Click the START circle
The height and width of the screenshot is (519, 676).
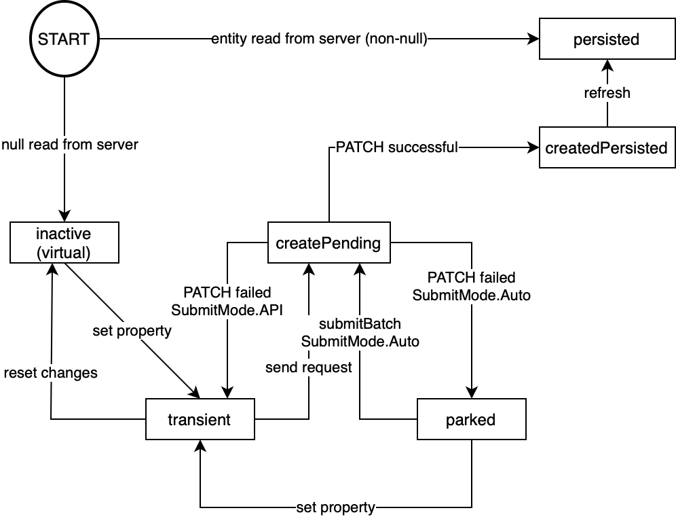coord(64,39)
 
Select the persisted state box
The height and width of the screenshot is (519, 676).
coord(606,39)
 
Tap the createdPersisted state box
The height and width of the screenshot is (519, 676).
coord(607,147)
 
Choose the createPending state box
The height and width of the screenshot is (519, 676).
coord(328,243)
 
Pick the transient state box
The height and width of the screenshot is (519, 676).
coord(200,420)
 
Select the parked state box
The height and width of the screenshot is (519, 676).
coord(471,420)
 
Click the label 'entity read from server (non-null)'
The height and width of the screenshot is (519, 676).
coord(319,39)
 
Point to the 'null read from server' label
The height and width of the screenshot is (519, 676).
coord(69,144)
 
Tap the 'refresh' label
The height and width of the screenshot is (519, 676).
coord(607,93)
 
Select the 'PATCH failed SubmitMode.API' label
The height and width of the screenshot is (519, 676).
coord(227,301)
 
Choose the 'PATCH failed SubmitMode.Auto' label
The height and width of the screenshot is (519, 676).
coord(471,286)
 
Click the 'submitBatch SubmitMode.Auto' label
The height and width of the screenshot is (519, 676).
coord(360,333)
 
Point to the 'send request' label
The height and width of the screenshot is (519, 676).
coord(309,368)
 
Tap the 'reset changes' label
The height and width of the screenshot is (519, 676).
coord(51,372)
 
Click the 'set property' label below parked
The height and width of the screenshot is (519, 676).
coord(335,507)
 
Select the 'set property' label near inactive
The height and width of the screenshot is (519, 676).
coord(132,332)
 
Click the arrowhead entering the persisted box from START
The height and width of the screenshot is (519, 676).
coord(533,39)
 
